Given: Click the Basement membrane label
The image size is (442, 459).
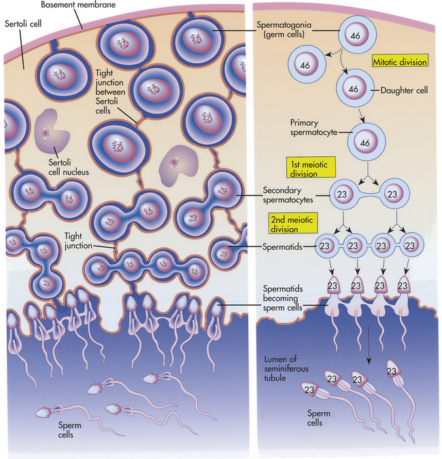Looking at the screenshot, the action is tap(78, 5).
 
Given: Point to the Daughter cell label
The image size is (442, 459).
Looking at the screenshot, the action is tap(404, 90).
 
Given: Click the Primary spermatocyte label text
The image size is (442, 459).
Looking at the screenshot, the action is tap(313, 128).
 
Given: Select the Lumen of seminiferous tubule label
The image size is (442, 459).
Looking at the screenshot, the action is tap(286, 368).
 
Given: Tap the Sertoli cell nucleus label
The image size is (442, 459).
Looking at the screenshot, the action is tap(68, 167).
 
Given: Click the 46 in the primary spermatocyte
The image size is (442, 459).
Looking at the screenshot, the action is tap(365, 143).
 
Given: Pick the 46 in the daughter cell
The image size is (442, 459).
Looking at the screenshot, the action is tap(354, 89).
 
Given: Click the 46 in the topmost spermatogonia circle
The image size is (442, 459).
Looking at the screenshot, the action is tap(355, 36).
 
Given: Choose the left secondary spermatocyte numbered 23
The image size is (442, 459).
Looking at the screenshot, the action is tap(342, 194).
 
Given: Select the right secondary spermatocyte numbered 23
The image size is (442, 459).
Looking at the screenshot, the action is tap(392, 194).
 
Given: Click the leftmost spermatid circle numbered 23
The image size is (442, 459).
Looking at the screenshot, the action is tap(325, 246).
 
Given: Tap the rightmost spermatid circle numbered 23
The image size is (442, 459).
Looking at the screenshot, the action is tap(410, 246).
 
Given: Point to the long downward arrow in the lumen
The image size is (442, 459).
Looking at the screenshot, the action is tap(369, 345).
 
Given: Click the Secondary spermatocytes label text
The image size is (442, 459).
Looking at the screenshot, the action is tap(288, 195).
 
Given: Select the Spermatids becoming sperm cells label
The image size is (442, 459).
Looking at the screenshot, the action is tap(283, 298).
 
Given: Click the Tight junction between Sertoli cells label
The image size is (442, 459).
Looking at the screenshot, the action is tap(110, 92).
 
